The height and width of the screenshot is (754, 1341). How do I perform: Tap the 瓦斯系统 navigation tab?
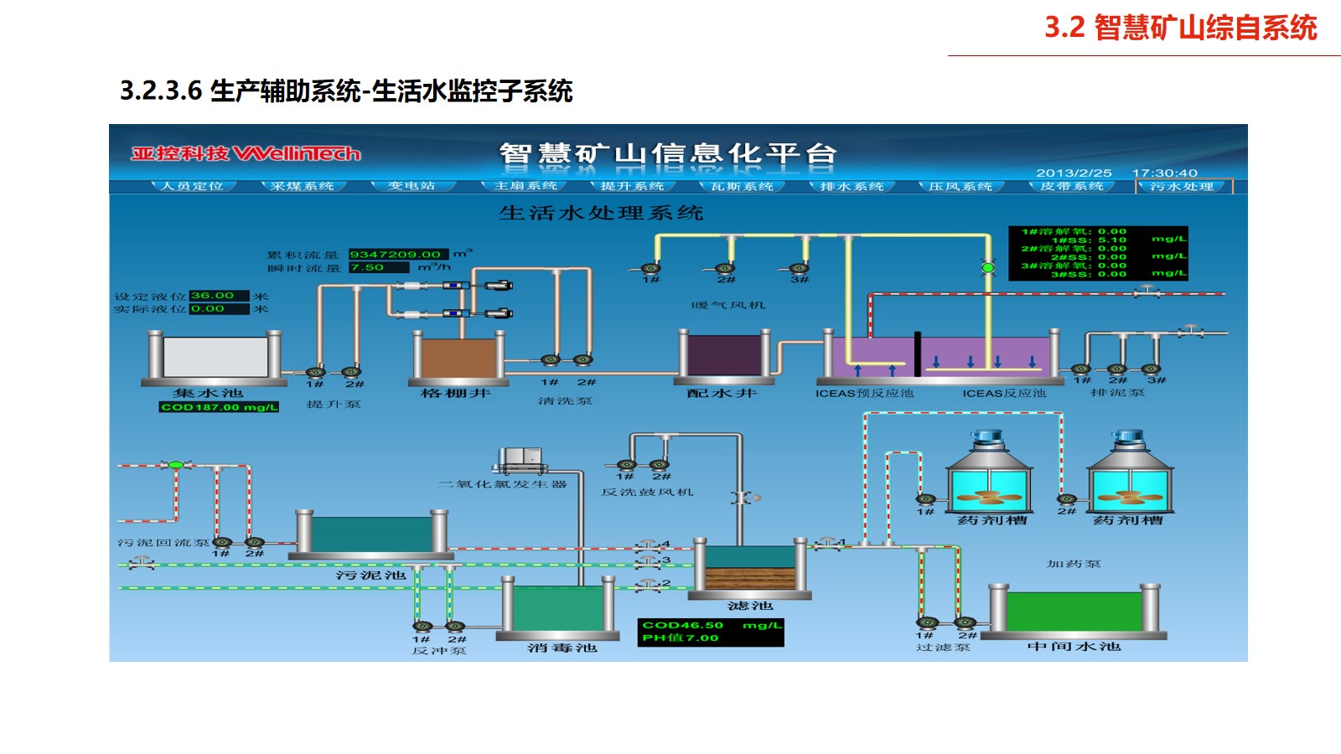pos(742,186)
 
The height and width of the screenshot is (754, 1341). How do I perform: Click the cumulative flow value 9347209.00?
pos(395,255)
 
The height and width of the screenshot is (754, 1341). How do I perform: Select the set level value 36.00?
pos(212,296)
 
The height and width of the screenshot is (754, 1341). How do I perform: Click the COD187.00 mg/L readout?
pos(219,407)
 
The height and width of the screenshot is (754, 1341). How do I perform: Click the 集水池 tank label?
pos(208,393)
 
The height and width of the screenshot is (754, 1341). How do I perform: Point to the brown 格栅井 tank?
pos(458,358)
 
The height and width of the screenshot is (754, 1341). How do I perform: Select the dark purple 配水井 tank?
pos(724,355)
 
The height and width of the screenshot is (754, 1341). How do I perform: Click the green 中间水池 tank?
pos(1074,612)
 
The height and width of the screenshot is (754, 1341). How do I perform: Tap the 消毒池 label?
pos(562,648)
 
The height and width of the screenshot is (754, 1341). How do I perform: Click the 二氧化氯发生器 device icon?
pos(521,459)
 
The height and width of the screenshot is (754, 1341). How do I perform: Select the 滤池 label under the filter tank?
pos(750,606)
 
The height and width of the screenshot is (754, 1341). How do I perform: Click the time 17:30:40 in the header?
pos(1165,173)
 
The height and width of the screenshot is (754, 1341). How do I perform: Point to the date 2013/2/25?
pos(1074,173)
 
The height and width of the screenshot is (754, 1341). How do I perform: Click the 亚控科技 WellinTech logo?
pos(246,153)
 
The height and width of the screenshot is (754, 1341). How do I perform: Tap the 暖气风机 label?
pos(728,305)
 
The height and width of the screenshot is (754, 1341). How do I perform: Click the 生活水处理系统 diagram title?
pos(601,213)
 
